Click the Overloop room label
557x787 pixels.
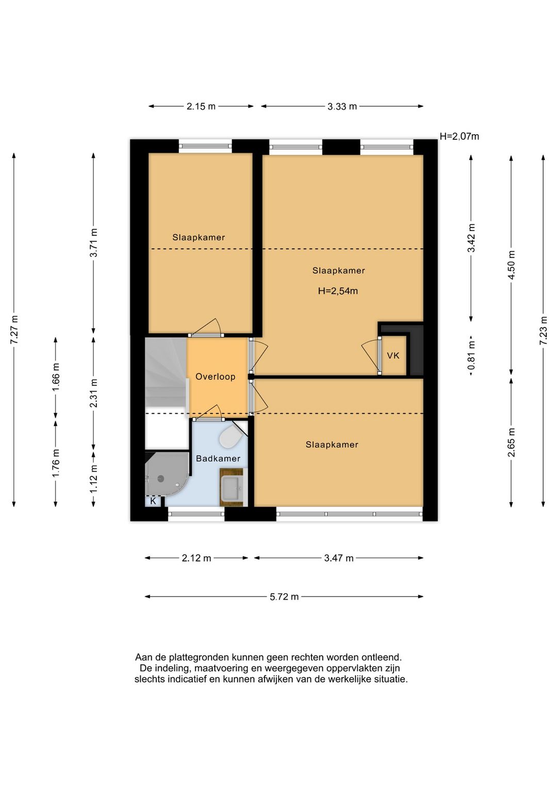click(215, 376)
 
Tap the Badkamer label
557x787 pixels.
click(218, 458)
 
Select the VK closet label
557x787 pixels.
click(393, 355)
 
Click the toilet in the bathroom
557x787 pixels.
click(230, 438)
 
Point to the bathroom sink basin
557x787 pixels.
click(232, 488)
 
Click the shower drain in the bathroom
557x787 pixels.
click(161, 478)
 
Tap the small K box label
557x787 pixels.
click(153, 501)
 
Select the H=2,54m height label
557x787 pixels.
click(338, 291)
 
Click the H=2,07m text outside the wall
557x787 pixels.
click(460, 136)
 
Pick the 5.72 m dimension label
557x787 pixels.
click(284, 597)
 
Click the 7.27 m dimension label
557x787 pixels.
click(14, 330)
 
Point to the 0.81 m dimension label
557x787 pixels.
click(471, 355)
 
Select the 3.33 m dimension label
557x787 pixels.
click(342, 106)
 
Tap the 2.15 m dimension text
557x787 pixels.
click(201, 106)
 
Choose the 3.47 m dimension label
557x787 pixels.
click(339, 558)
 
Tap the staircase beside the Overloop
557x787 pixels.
click(166, 376)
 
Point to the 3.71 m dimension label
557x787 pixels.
click(93, 243)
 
